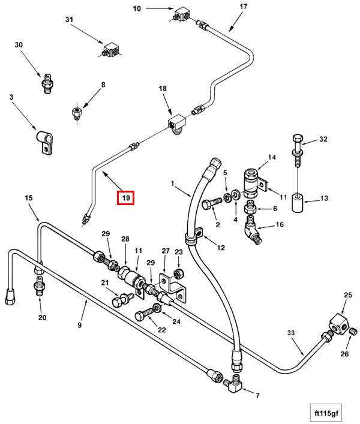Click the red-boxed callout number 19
125,198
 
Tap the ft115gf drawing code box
326,413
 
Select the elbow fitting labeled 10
181,14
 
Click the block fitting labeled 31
111,50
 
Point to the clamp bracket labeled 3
44,142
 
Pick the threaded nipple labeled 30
47,83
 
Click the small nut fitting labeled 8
76,112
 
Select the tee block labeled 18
176,124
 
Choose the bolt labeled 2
212,204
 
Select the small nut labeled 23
179,273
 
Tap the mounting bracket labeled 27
173,287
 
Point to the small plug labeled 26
354,331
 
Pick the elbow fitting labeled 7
233,385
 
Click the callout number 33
290,332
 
